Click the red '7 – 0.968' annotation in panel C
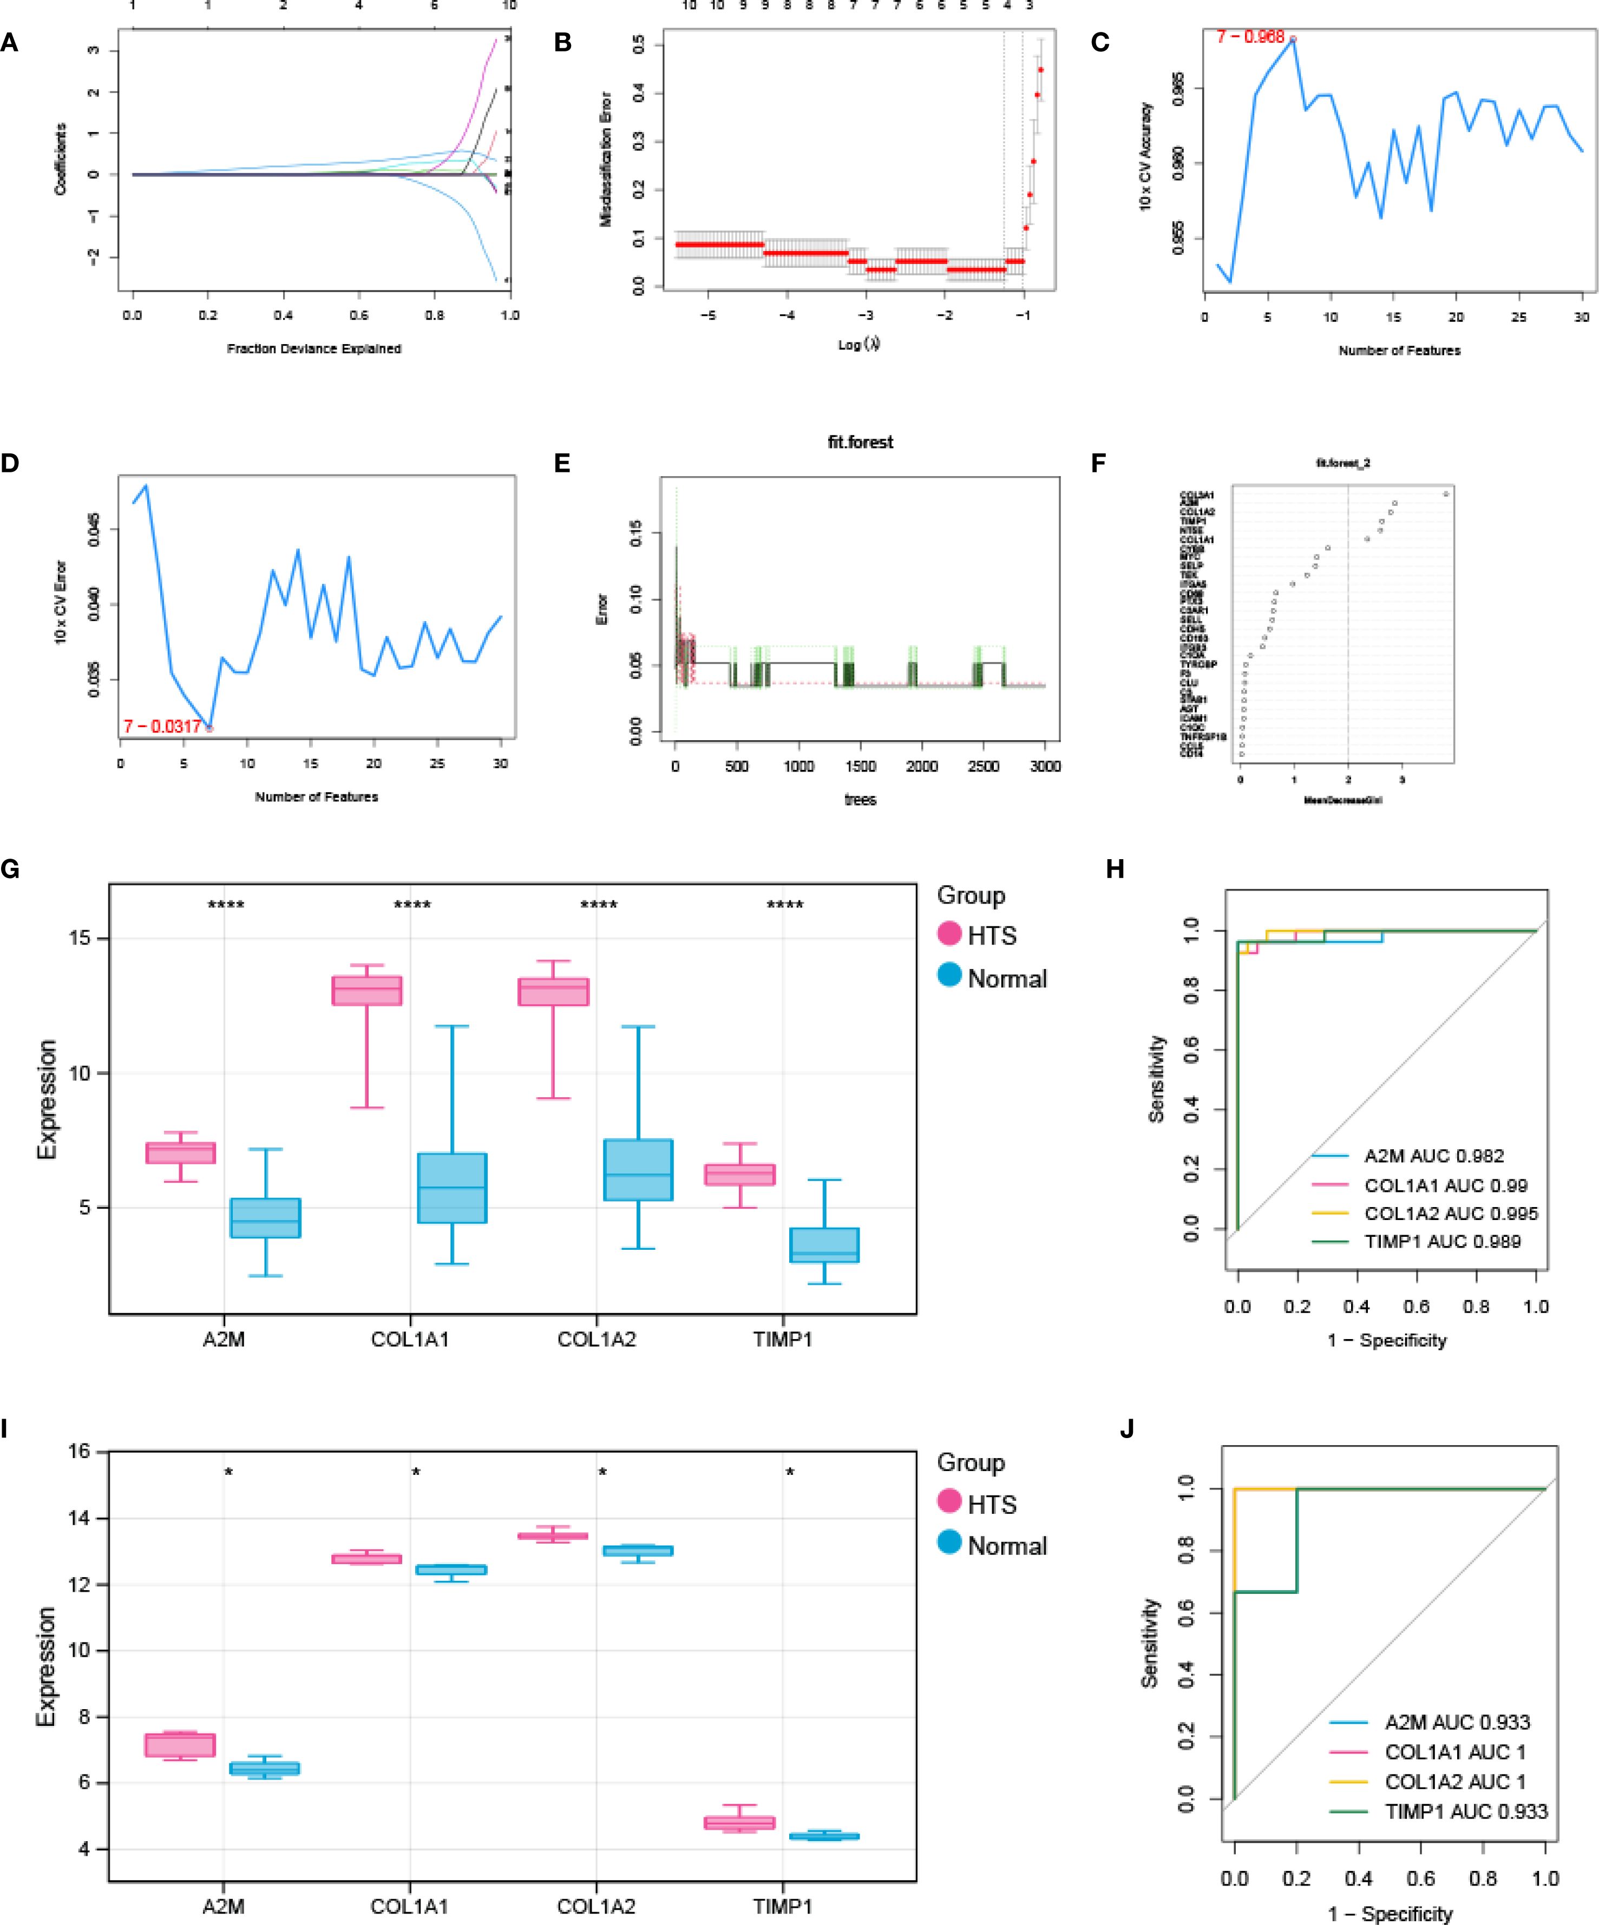1250,37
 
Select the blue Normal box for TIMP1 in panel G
824,1245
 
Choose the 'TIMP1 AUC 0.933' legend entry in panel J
1465,1811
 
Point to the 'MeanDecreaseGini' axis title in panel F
1342,800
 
